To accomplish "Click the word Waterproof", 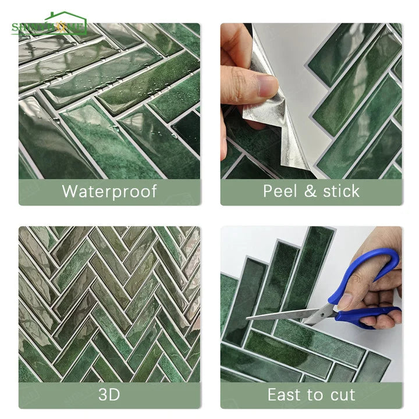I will coord(109,191).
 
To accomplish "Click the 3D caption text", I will coord(109,395).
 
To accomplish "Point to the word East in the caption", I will coord(285,395).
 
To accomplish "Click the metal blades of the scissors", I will coord(279,316).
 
